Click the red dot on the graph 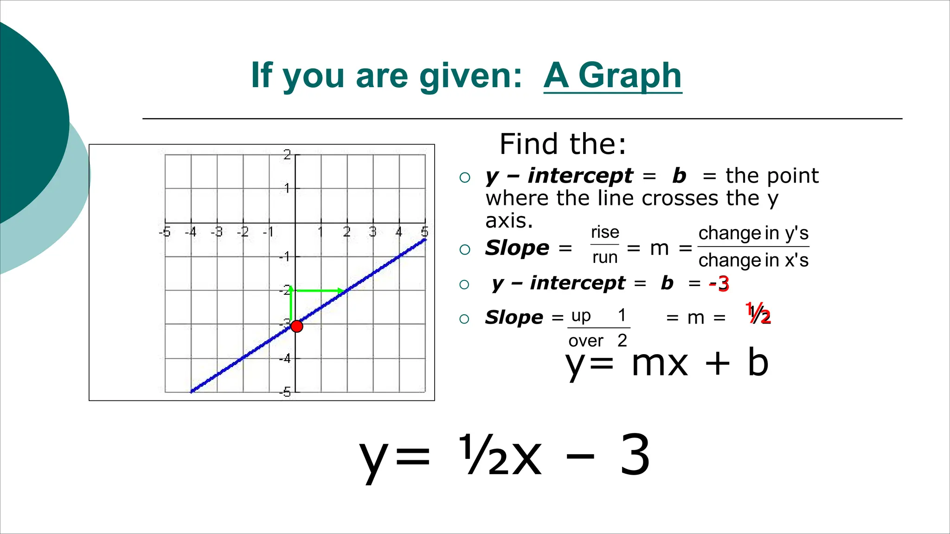[x=297, y=326]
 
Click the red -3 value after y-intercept [x=719, y=283]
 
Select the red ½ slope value [x=758, y=314]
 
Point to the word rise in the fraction [x=605, y=232]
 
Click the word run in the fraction [x=605, y=257]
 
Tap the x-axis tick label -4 [x=191, y=232]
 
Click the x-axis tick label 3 [x=372, y=232]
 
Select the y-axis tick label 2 [x=287, y=154]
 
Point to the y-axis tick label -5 [x=285, y=392]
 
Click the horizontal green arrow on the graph [x=319, y=291]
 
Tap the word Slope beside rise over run [x=517, y=248]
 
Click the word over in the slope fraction [x=586, y=341]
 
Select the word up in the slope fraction [x=581, y=316]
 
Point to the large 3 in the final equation [x=635, y=455]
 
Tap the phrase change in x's [x=753, y=260]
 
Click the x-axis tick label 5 [x=424, y=232]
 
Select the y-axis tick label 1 [x=288, y=188]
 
